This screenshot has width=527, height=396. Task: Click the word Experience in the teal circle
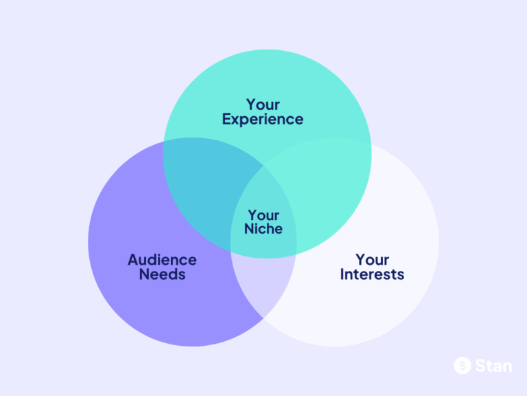(x=263, y=119)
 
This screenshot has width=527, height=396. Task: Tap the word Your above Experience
(x=263, y=104)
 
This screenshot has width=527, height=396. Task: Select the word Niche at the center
(x=263, y=229)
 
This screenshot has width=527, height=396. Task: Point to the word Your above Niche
(x=263, y=215)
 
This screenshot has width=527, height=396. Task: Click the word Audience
(x=162, y=260)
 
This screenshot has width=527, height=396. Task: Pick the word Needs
(x=162, y=274)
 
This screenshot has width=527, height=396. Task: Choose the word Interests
(x=373, y=274)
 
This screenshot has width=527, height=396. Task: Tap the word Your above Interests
(x=373, y=260)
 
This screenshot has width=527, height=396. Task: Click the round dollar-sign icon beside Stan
(x=462, y=366)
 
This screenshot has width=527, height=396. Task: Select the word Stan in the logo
(x=493, y=366)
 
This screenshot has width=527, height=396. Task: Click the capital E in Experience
(x=226, y=119)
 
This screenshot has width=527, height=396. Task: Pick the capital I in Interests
(x=342, y=274)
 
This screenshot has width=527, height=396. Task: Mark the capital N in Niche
(x=249, y=229)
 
